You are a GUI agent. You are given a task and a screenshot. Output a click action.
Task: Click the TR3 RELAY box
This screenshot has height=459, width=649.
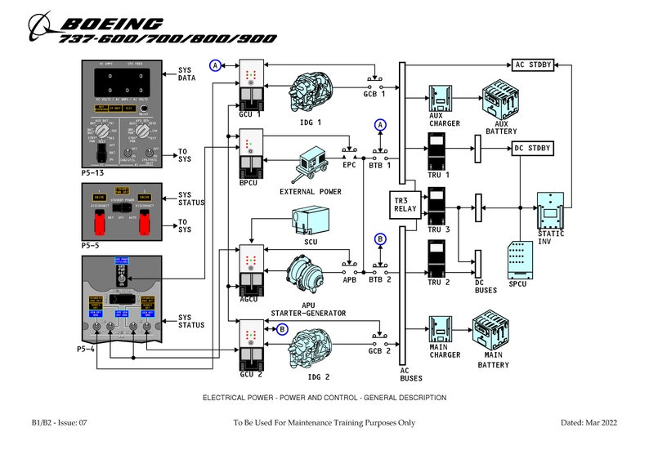pos(405,203)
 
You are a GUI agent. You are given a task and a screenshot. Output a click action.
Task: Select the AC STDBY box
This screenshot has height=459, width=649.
pos(534,64)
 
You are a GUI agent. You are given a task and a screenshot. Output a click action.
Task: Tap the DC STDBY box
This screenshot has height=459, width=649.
pos(533,148)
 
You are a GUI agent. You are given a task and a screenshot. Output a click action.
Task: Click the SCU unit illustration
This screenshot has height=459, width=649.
pos(310,220)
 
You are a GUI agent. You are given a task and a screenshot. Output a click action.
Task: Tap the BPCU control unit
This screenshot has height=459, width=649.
pos(250,155)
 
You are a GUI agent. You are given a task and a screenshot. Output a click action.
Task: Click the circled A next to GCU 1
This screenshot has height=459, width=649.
pos(216,65)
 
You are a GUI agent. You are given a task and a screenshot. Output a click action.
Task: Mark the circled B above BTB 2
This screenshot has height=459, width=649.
pos(380,239)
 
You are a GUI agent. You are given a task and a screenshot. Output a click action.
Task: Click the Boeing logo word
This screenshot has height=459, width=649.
pos(112,24)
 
